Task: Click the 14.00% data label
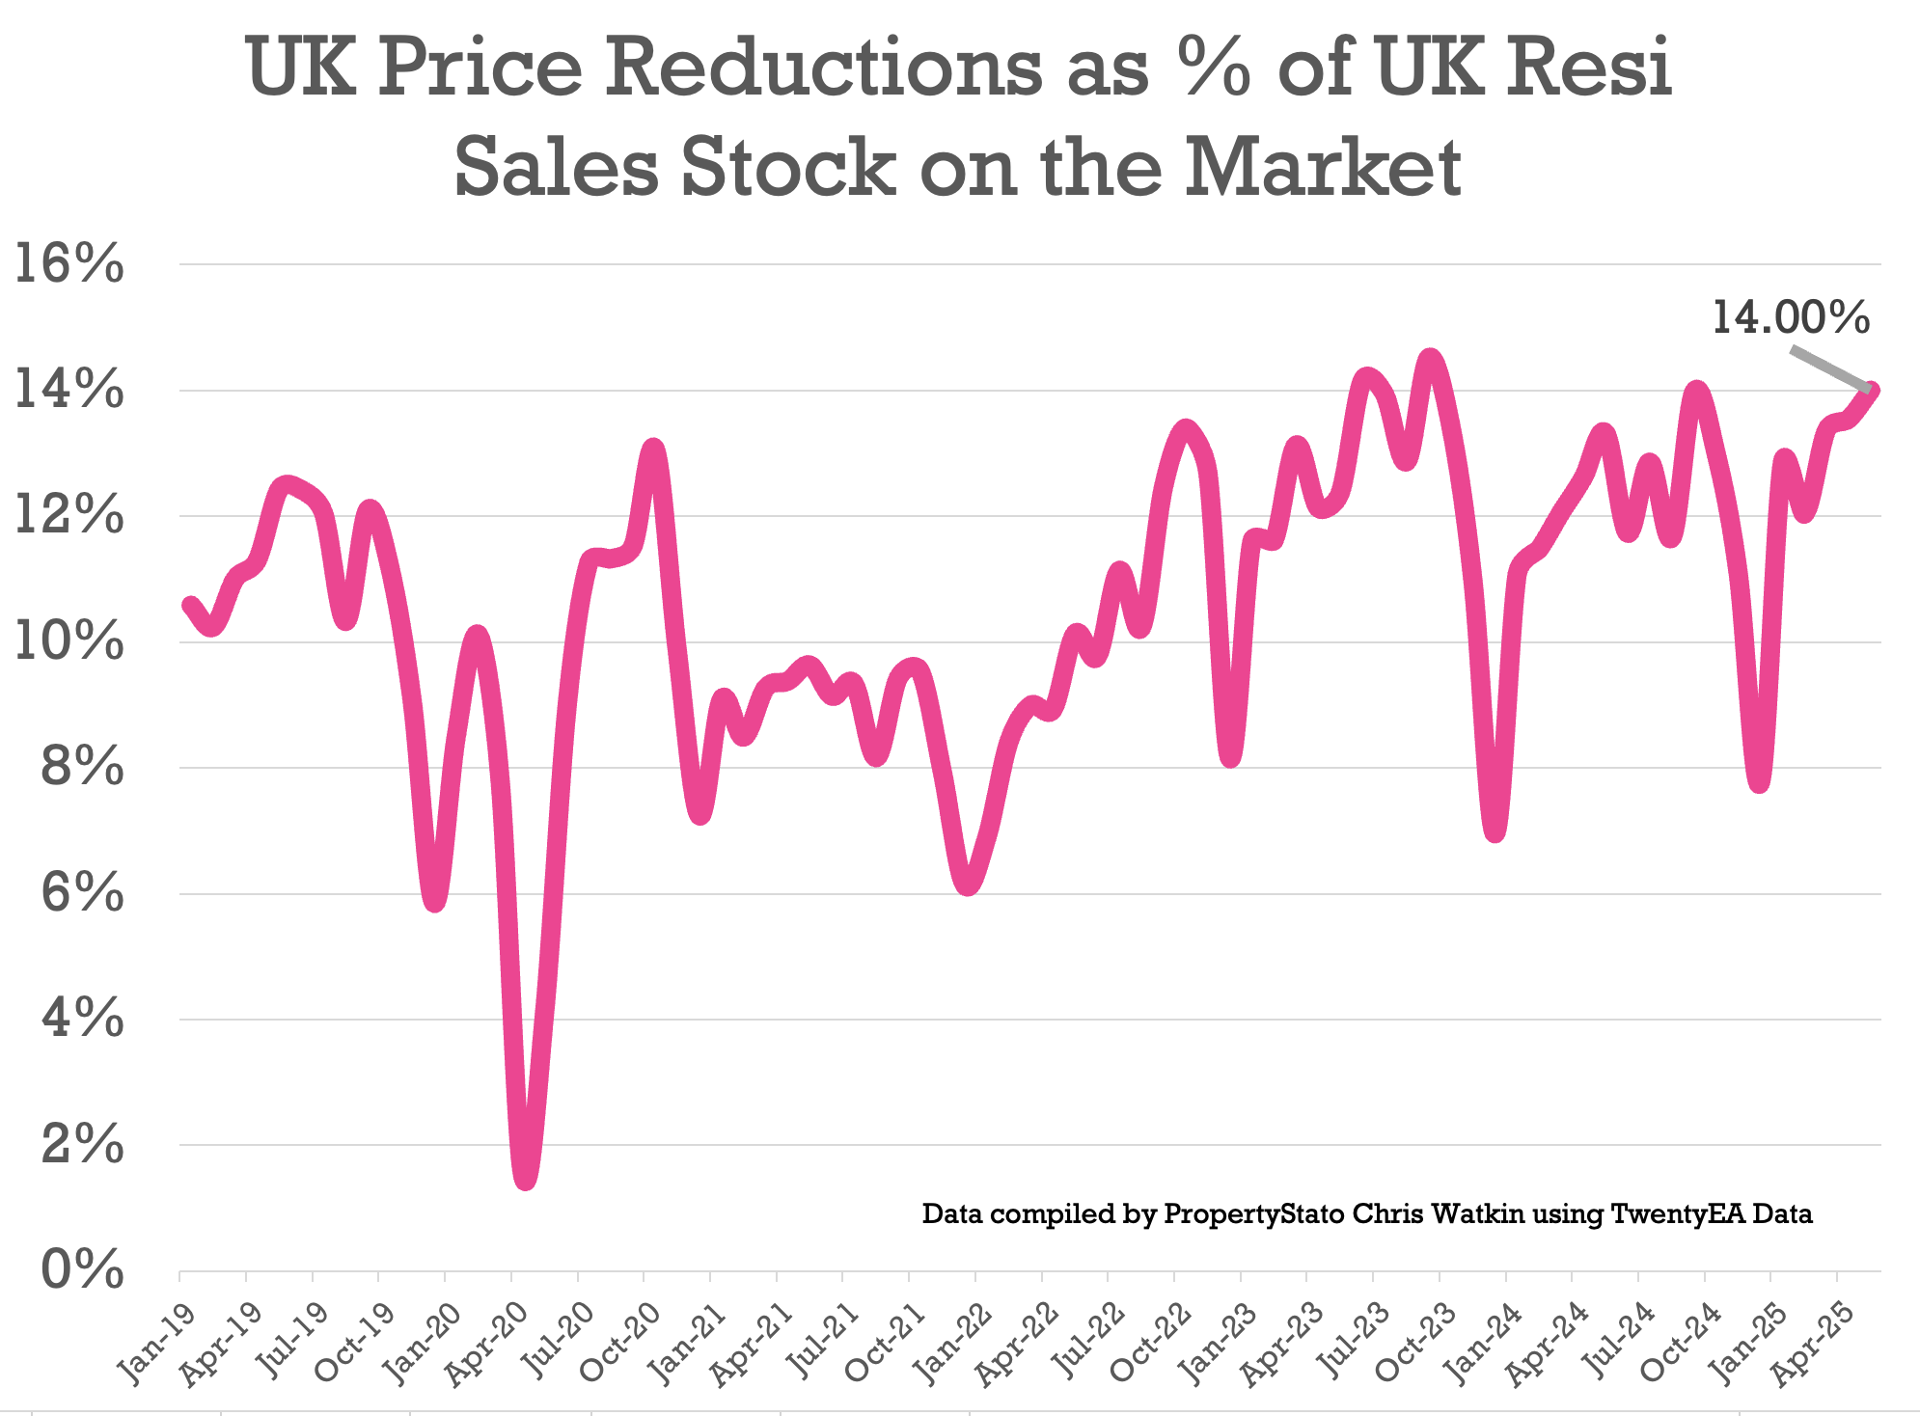1791,317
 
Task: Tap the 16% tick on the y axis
69,264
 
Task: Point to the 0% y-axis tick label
83,1270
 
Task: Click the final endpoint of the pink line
1872,390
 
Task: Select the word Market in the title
1322,166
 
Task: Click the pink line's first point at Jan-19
189,605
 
